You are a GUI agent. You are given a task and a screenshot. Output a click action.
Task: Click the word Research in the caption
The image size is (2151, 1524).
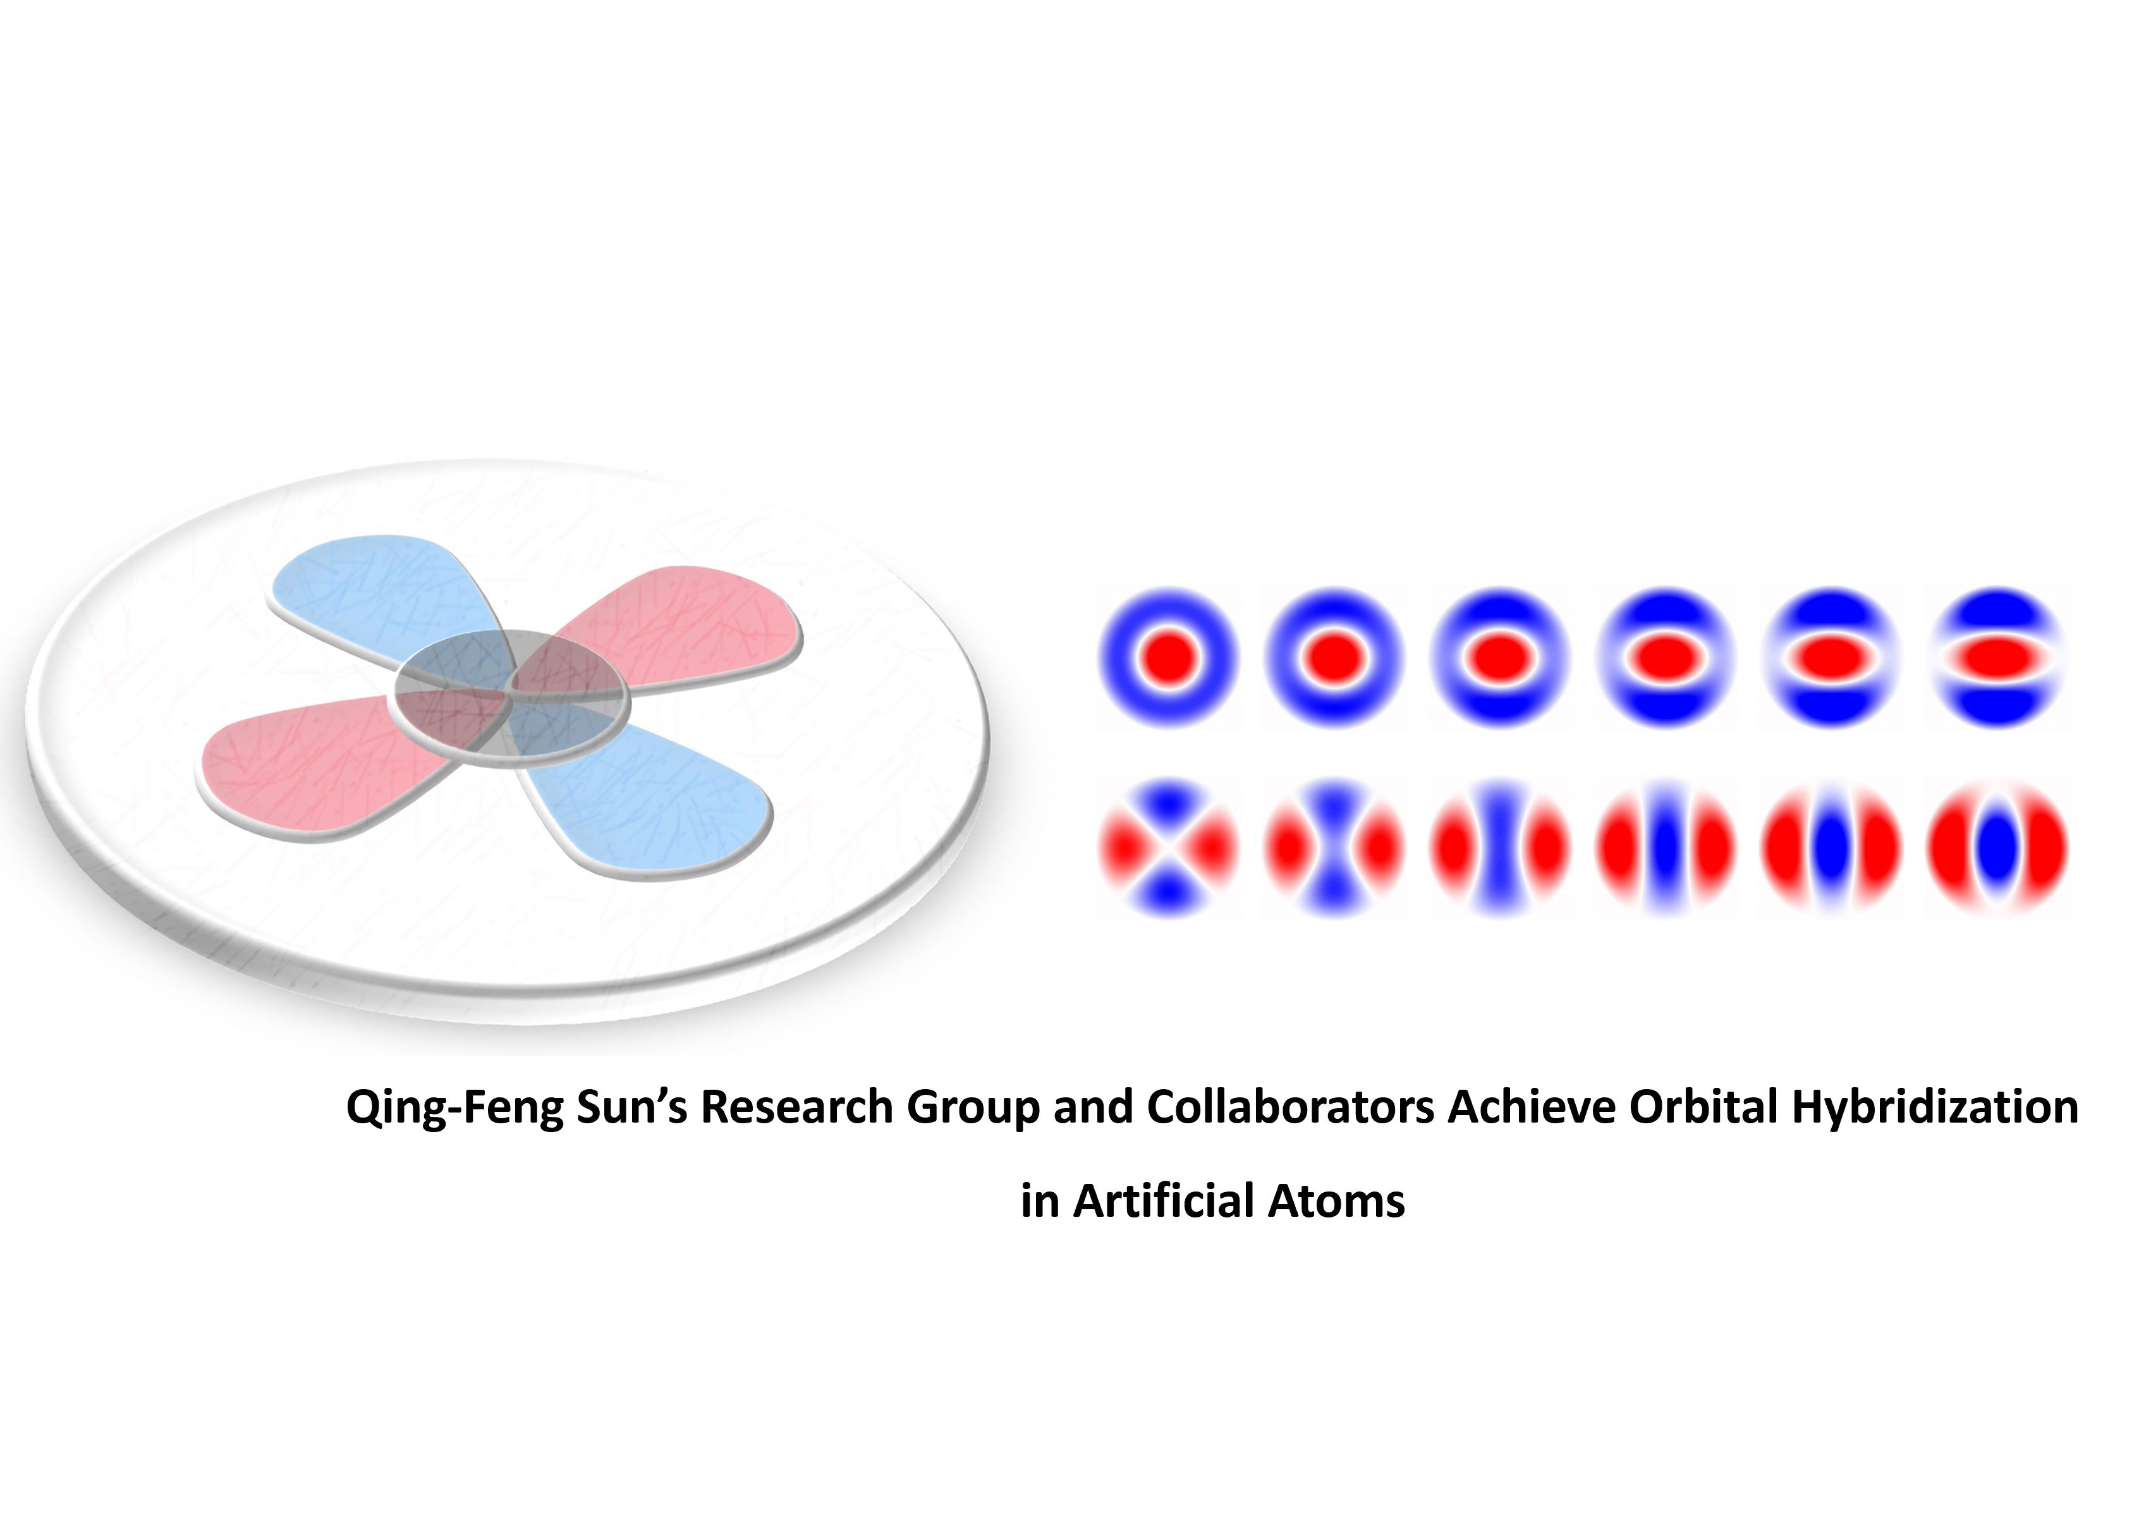[797, 1107]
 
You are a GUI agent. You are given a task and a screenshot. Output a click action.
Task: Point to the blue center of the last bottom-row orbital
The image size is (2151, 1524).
[1996, 848]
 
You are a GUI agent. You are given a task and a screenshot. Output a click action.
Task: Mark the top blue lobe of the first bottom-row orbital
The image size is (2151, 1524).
[1168, 800]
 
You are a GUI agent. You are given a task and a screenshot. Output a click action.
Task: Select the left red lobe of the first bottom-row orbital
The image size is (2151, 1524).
[1121, 848]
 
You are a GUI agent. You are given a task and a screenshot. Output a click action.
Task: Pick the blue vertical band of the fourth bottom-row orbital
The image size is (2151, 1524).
[1666, 848]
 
